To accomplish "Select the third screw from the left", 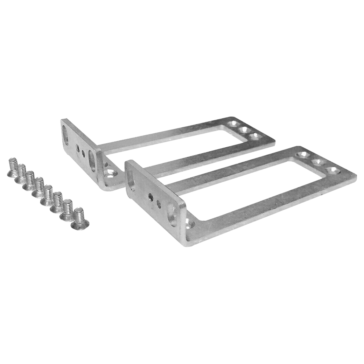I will (x=29, y=180).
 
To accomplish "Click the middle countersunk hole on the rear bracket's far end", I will (x=243, y=129).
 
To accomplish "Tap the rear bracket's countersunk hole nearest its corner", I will (x=255, y=135).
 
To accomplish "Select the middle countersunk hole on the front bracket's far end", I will (x=317, y=162).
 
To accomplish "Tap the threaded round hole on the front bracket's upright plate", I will (x=151, y=197).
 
